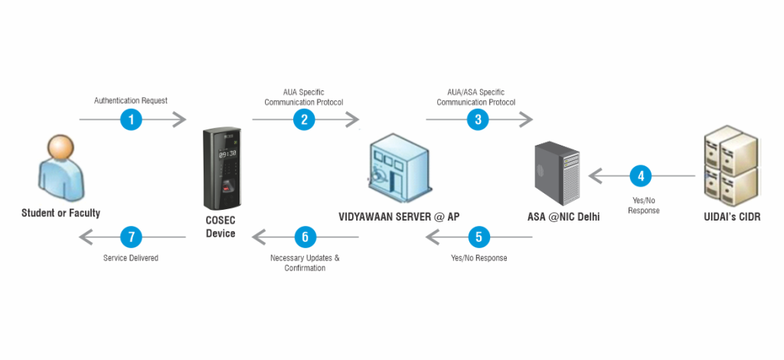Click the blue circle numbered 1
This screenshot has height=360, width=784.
pyautogui.click(x=131, y=119)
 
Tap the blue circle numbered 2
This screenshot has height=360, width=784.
pyautogui.click(x=304, y=119)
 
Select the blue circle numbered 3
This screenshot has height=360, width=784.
pyautogui.click(x=478, y=119)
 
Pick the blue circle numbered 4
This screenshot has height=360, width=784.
pyautogui.click(x=640, y=176)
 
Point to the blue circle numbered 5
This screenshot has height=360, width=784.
pyautogui.click(x=479, y=237)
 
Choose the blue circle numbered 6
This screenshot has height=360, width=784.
pyautogui.click(x=304, y=237)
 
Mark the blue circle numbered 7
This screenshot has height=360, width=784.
pyautogui.click(x=131, y=237)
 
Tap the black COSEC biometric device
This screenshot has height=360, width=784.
pyautogui.click(x=222, y=168)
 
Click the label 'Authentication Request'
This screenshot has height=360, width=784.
pyautogui.click(x=131, y=100)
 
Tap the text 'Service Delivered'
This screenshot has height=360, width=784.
pyautogui.click(x=131, y=258)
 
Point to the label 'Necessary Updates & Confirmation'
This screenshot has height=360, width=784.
pyautogui.click(x=305, y=263)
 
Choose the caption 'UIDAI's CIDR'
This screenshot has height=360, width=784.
pyautogui.click(x=731, y=217)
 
